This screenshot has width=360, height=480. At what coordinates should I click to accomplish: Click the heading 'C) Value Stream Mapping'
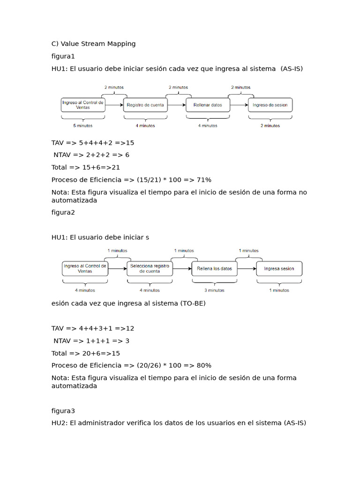point(93,44)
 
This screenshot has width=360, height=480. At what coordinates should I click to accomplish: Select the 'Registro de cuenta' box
point(145,105)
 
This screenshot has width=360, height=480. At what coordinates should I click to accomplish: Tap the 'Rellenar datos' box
point(208,105)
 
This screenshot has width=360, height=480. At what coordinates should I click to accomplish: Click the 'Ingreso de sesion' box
point(270,105)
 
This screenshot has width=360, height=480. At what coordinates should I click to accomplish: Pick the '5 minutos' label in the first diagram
point(83,126)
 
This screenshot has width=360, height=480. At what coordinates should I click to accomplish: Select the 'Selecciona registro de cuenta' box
point(150,269)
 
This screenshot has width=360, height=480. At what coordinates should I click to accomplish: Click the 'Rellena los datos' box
point(215,269)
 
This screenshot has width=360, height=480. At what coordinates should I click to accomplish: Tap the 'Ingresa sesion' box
point(279,269)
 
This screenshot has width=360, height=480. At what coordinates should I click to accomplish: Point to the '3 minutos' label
point(214,290)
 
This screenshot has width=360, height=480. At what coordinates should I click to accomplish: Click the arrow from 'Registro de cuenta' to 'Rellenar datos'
point(177,105)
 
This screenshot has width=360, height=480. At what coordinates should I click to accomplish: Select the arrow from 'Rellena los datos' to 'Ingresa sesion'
point(247,269)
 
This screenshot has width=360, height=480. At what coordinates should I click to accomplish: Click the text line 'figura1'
point(63,56)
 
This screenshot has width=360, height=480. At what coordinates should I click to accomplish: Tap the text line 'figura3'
point(63,411)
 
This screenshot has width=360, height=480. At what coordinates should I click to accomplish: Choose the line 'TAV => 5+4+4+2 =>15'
point(93,142)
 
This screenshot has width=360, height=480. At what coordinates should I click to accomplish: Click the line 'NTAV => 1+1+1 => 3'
point(91,341)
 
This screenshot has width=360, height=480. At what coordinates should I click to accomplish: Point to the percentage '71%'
point(204,180)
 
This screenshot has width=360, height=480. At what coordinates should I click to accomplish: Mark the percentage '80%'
point(204,365)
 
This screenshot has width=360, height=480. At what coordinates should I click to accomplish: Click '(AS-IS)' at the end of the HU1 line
point(292,68)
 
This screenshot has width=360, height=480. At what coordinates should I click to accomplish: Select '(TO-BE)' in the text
point(193,303)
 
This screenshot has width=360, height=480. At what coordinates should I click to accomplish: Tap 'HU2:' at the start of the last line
point(60,423)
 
